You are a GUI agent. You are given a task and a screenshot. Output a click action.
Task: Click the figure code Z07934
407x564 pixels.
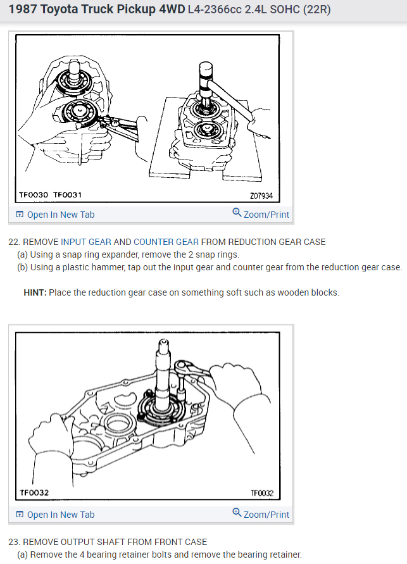pyautogui.click(x=261, y=196)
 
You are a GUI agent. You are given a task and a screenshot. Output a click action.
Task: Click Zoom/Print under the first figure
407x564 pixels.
pyautogui.click(x=266, y=215)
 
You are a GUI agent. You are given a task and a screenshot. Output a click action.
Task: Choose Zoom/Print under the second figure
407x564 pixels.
pyautogui.click(x=266, y=515)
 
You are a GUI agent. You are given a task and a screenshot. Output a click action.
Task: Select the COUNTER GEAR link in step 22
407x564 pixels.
pyautogui.click(x=166, y=242)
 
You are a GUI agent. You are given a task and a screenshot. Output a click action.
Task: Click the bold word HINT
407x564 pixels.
pyautogui.click(x=34, y=292)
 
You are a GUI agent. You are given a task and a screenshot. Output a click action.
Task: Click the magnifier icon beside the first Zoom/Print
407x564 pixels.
pyautogui.click(x=237, y=214)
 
